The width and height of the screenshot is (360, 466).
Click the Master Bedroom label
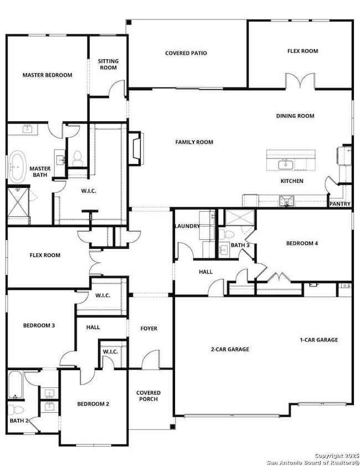tap(48, 75)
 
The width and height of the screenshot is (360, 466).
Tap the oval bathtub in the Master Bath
tap(17, 167)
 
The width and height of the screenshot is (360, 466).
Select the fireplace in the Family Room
tap(136, 148)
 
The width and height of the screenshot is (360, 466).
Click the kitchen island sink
tap(285, 164)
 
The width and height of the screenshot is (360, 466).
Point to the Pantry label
tap(340, 204)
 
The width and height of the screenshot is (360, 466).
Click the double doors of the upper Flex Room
tap(300, 80)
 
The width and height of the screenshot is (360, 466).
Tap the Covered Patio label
tap(186, 53)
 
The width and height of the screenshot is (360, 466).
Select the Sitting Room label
tap(109, 64)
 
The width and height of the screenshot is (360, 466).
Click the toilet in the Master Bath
tap(78, 158)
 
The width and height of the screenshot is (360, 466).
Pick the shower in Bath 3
tap(240, 218)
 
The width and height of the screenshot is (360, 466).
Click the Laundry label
tap(187, 226)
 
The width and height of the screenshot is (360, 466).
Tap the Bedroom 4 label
tap(302, 243)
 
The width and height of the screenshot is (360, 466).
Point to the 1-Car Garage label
tap(318, 340)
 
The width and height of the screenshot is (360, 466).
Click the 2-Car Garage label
tap(230, 349)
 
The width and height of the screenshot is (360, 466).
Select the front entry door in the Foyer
tap(151, 360)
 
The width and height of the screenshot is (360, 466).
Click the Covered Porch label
tap(148, 396)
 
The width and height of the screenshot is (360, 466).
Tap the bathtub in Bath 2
tap(16, 385)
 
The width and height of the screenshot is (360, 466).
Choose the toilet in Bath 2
tap(16, 410)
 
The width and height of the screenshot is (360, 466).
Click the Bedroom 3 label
tap(39, 325)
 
